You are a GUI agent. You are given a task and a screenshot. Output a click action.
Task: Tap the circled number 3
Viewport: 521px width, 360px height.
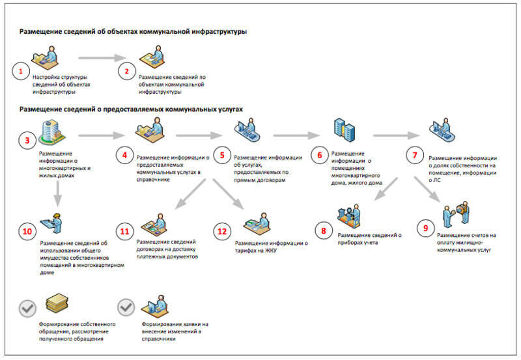coord(27,139)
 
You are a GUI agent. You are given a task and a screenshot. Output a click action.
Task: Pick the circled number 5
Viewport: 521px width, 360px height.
coord(222,156)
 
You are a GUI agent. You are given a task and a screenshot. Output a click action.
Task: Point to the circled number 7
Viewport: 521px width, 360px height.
coord(414,156)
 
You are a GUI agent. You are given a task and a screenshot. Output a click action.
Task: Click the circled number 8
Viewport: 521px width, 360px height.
coord(322,230)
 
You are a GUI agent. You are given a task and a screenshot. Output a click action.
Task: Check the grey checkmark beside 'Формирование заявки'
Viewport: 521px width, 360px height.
coord(125,307)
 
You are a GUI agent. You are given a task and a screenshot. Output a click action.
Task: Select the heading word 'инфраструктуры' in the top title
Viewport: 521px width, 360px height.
coord(217,31)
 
